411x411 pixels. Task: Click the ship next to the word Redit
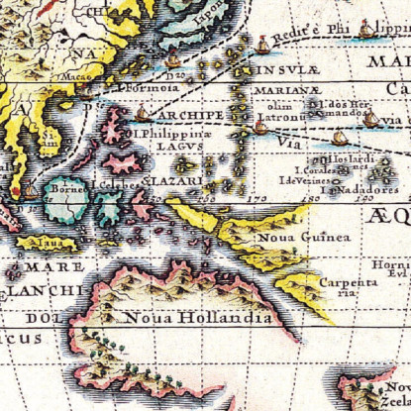pos(262,44)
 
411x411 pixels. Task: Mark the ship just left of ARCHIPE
pos(143,113)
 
